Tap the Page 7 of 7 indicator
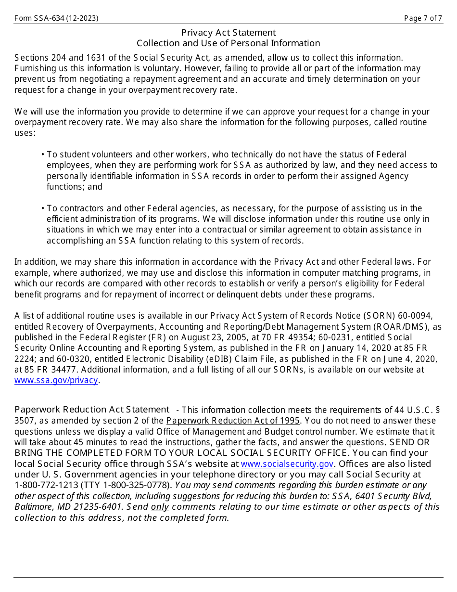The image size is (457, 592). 423,18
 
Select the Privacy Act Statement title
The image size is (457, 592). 228,33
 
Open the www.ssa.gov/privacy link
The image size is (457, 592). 56,380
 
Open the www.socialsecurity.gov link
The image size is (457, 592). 287,464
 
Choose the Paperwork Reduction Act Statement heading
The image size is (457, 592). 92,410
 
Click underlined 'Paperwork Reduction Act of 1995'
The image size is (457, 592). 233,421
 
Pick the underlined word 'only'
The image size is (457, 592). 160,507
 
